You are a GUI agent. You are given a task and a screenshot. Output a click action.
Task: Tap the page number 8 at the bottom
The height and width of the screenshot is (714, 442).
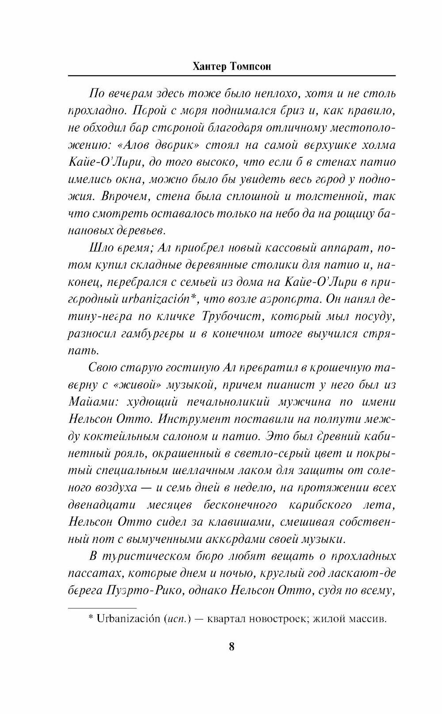[232, 647]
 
